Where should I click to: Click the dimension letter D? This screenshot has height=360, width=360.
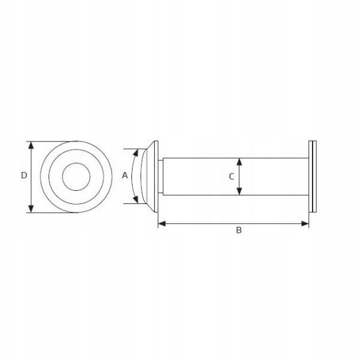click(24, 175)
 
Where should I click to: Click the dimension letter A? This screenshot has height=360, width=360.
click(125, 175)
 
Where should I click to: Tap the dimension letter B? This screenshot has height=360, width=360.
click(239, 230)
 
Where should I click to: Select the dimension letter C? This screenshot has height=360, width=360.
click(232, 176)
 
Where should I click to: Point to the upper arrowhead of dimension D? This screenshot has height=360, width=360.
click(31, 145)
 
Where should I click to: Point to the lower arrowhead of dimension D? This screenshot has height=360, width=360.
click(31, 208)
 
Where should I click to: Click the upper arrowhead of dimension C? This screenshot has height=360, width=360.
click(239, 162)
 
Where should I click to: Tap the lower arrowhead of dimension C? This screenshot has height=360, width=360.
click(239, 191)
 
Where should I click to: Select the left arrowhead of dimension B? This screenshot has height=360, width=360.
click(162, 223)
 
